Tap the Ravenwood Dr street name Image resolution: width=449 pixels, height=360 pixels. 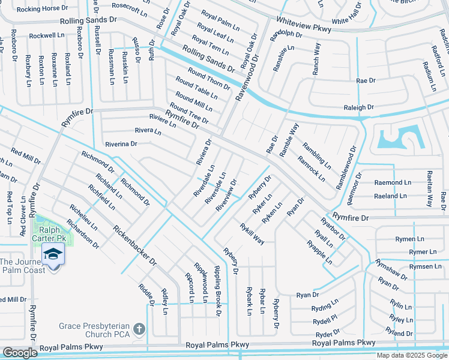tap(247, 77)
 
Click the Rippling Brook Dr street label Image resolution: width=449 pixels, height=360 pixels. tap(217, 289)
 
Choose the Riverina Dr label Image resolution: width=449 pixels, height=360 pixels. tap(121, 144)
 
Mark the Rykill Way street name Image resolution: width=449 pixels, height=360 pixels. tap(252, 233)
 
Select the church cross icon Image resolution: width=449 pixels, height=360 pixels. tap(139, 329)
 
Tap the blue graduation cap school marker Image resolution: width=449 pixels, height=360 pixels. tap(53, 254)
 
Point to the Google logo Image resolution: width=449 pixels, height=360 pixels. tap(19, 353)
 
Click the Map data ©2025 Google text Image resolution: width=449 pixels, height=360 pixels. tap(412, 355)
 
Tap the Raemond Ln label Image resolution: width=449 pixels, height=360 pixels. tap(393, 182)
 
